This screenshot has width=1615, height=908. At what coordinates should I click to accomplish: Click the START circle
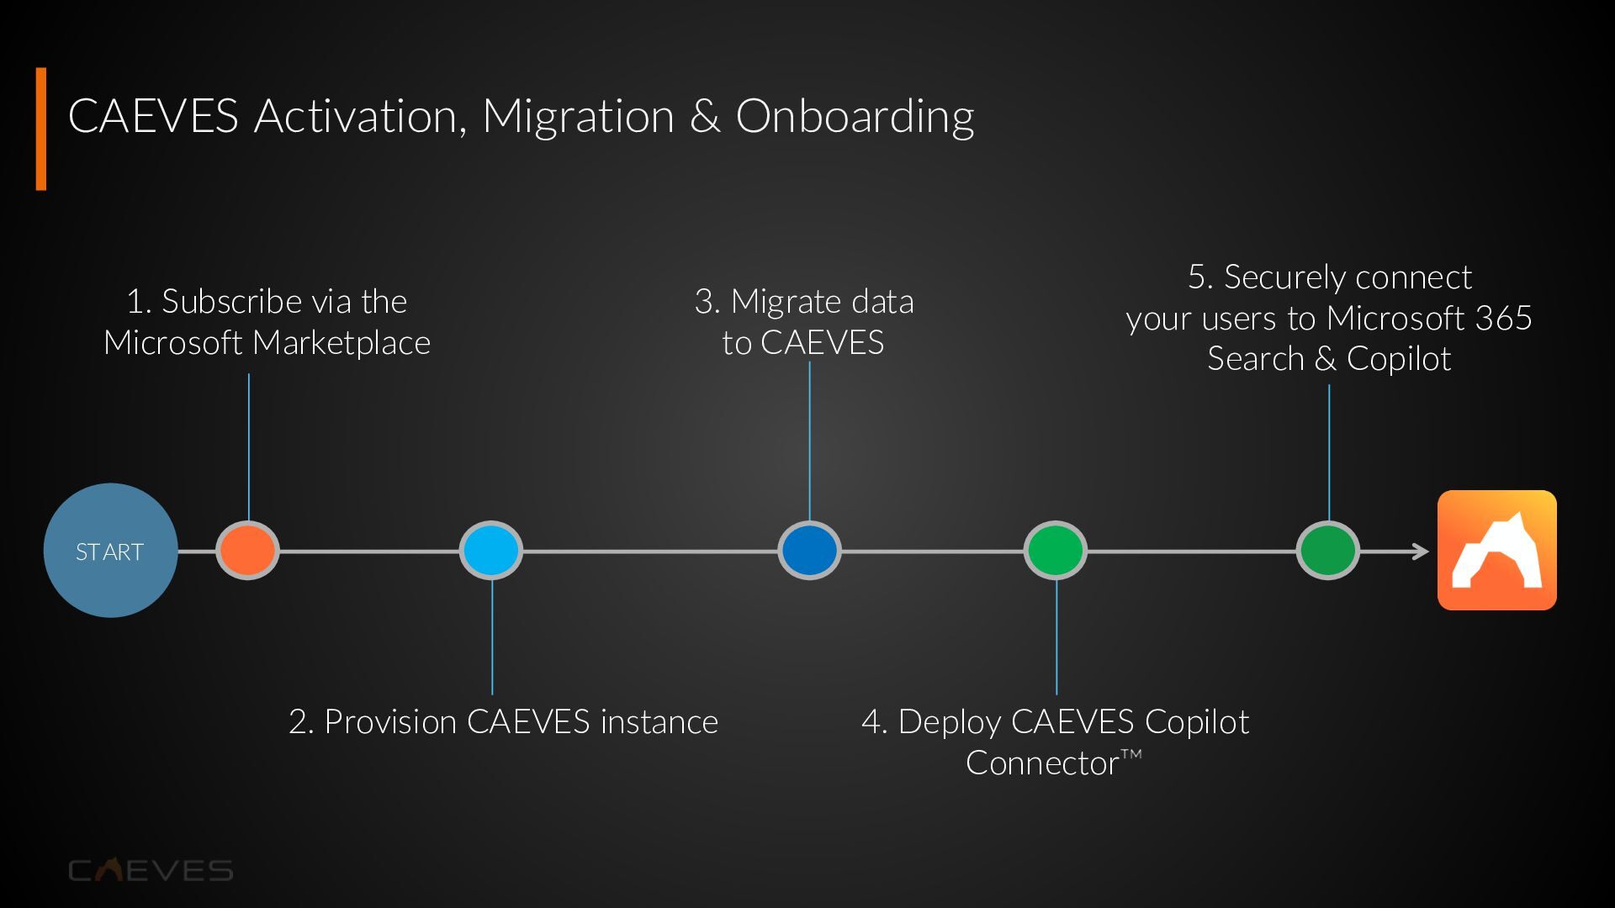tap(110, 551)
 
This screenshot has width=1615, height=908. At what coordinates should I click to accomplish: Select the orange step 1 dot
tap(247, 551)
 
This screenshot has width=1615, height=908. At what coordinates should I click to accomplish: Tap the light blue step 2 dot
tap(491, 551)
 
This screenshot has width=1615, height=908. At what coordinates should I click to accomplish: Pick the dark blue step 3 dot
tap(809, 551)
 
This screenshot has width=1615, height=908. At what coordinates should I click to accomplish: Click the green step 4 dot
tap(1056, 551)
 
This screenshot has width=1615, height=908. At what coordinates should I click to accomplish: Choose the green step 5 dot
tap(1328, 551)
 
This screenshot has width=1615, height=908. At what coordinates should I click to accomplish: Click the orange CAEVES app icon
tap(1496, 551)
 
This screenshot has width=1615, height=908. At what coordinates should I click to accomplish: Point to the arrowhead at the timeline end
tap(1421, 552)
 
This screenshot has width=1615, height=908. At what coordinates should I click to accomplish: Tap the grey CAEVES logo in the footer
tap(151, 870)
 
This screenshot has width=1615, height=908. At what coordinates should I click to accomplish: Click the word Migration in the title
tap(578, 116)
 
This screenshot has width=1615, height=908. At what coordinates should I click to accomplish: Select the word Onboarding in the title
tap(855, 116)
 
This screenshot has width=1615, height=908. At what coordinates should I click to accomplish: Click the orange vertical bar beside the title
tap(41, 129)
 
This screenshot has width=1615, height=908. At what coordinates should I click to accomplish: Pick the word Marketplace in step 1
tap(342, 343)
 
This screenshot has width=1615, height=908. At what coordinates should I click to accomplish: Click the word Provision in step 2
tap(390, 722)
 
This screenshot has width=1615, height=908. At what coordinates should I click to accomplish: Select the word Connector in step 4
tap(1042, 763)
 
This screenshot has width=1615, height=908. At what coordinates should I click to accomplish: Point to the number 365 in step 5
tap(1503, 319)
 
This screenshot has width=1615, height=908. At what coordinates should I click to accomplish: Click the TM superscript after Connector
tap(1131, 754)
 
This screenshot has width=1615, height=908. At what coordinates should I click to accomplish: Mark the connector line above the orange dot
tap(249, 446)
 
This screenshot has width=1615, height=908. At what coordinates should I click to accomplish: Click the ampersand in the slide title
tap(705, 116)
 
